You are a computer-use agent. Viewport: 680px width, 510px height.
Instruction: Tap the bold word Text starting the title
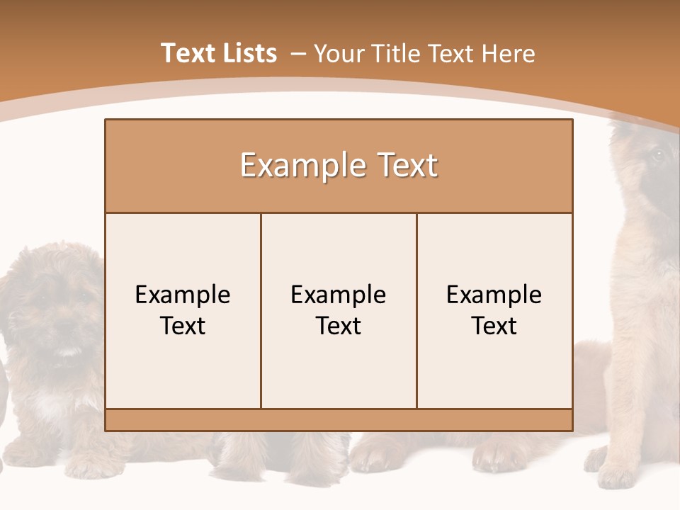pyautogui.click(x=186, y=53)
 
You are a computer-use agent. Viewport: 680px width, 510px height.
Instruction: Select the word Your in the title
pyautogui.click(x=337, y=54)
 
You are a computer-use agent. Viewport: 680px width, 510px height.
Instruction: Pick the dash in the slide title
pyautogui.click(x=297, y=55)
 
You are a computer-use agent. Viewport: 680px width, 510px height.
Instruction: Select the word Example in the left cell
pyautogui.click(x=183, y=295)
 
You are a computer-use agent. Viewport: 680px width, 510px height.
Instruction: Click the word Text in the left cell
pyautogui.click(x=183, y=326)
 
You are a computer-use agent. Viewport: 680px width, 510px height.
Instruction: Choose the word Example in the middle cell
pyautogui.click(x=339, y=295)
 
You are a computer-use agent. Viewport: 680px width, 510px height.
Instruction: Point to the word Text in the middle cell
pyautogui.click(x=339, y=326)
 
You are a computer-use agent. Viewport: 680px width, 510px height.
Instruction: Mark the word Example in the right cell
pyautogui.click(x=494, y=295)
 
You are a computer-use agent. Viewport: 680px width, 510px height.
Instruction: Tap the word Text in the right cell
pyautogui.click(x=494, y=326)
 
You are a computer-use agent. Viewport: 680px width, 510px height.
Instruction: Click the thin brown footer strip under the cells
pyautogui.click(x=339, y=420)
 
